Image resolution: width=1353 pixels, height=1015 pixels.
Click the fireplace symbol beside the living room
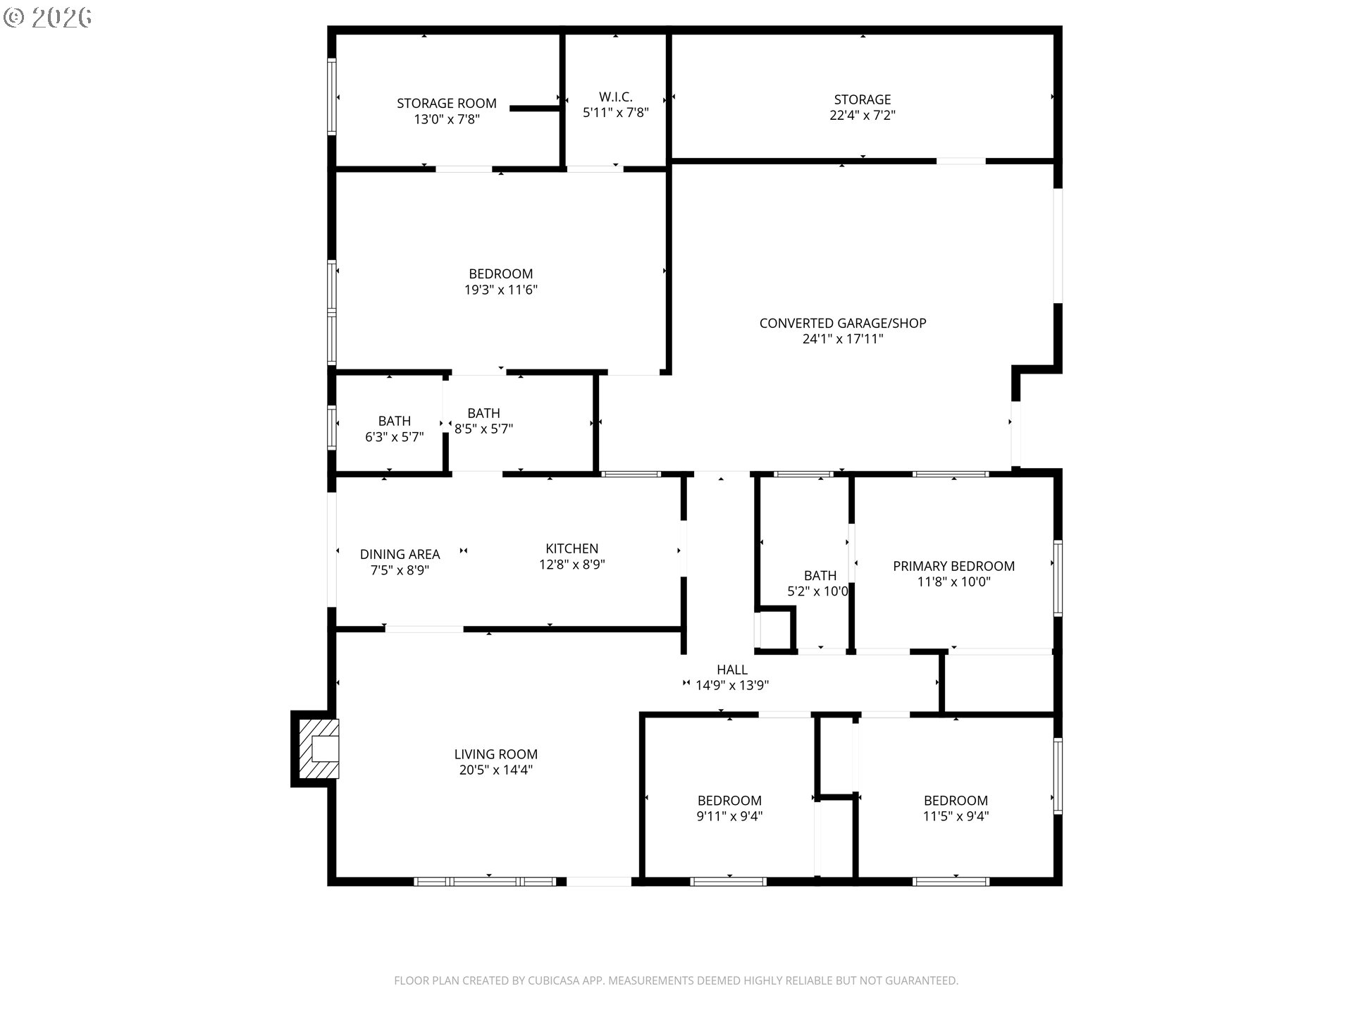point(319,749)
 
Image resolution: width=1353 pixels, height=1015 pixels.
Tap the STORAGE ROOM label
point(446,104)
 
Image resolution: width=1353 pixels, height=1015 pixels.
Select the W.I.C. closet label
point(616,97)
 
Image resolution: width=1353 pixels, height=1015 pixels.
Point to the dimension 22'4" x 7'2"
point(863,115)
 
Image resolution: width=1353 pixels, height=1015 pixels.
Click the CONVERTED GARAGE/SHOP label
point(843,323)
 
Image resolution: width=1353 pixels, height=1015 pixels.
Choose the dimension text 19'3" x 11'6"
point(501,290)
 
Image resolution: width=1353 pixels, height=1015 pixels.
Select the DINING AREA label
point(400,555)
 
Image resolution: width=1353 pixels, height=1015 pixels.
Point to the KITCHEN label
point(572,548)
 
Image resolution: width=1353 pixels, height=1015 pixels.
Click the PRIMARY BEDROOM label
point(953,566)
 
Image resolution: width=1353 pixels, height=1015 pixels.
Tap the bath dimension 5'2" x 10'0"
point(818,591)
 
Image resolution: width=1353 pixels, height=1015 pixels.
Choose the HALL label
point(732,670)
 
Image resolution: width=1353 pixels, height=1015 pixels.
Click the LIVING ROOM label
point(496,754)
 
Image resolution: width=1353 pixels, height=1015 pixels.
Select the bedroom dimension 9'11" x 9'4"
point(729,816)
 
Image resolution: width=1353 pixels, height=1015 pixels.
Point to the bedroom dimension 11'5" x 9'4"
point(956,816)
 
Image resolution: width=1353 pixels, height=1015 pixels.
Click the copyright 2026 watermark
point(48,18)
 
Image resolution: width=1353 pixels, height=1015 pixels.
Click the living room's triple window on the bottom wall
point(485,881)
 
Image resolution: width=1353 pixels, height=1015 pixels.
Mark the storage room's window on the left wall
point(331,96)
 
